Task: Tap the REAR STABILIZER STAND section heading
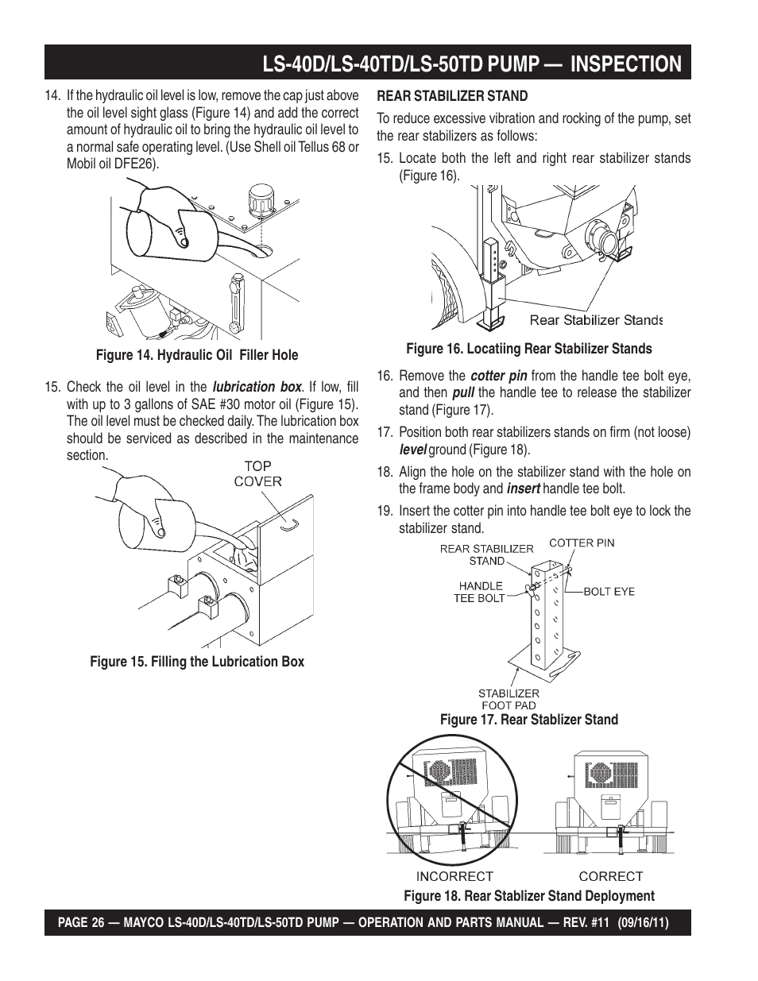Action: tap(452, 96)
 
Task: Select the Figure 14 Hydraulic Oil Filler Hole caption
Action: tap(197, 355)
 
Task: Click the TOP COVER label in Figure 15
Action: tap(257, 473)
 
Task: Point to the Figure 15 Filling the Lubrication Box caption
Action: tap(197, 662)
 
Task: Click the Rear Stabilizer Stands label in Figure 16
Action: tap(596, 320)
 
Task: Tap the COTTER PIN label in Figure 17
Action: tap(582, 543)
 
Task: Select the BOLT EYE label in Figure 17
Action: tap(609, 591)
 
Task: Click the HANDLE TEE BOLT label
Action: tap(479, 592)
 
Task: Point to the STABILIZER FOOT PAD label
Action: tap(509, 699)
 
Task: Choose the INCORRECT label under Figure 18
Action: tap(455, 876)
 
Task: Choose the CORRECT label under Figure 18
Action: tap(610, 876)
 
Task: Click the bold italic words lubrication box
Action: tap(257, 387)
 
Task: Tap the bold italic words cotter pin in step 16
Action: tap(499, 376)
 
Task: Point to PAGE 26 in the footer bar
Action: tap(83, 924)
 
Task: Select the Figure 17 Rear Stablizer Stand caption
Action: tap(529, 720)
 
